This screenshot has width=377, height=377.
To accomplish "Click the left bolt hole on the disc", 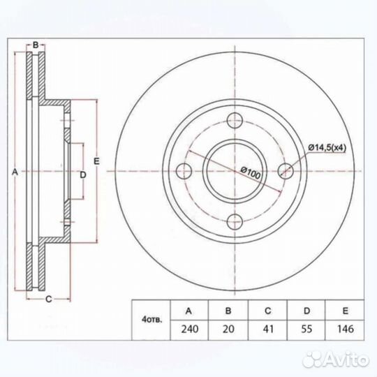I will [x=185, y=170].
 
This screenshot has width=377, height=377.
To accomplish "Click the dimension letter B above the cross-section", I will [x=34, y=45].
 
